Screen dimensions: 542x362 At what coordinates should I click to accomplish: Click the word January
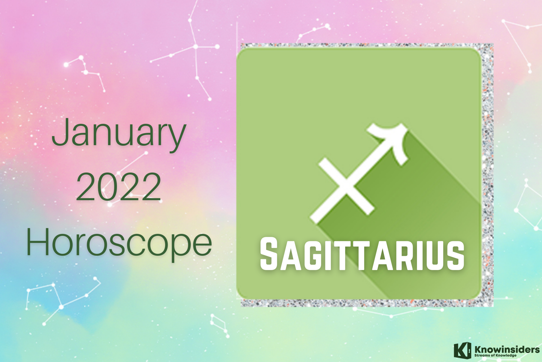coord(119,135)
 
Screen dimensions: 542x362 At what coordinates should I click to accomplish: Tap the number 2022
coord(119,187)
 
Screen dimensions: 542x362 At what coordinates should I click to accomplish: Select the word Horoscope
coord(119,243)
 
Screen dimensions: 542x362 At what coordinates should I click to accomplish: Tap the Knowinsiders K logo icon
coord(462,350)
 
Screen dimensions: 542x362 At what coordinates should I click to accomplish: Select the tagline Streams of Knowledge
coord(495,355)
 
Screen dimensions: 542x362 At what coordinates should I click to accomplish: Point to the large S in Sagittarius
coord(269,254)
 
